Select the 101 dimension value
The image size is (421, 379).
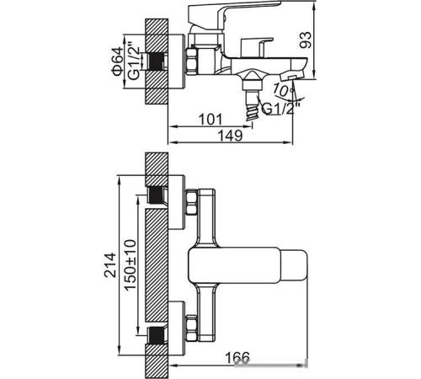coord(210,120)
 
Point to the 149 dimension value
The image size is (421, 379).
coord(230,136)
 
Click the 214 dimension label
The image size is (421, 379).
coord(110,265)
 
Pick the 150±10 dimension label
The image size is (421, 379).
coord(131,265)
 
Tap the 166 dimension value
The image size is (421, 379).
coord(237,357)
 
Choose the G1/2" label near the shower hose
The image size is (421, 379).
coord(280,108)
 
